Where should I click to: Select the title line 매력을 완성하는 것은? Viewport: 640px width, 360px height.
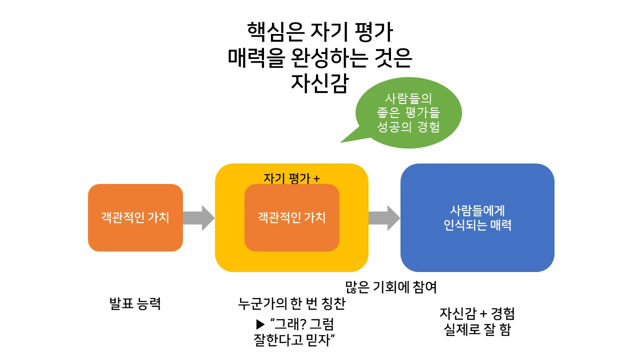tap(319, 58)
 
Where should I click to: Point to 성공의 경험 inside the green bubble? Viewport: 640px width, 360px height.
tap(408, 127)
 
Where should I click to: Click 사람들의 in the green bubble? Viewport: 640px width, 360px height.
tap(408, 98)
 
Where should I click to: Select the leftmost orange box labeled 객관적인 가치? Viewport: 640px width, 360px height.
tap(135, 218)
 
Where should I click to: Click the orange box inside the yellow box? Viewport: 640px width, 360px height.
tap(291, 218)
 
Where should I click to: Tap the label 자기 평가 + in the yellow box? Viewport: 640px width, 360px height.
tap(291, 178)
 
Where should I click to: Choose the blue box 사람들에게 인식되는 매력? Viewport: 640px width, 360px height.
tap(477, 218)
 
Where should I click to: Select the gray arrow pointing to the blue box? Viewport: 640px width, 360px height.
tap(384, 218)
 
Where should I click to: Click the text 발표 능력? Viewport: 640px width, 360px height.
tap(135, 303)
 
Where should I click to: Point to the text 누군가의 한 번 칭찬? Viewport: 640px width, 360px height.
tap(291, 303)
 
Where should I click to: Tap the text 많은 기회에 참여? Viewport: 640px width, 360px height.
tap(391, 287)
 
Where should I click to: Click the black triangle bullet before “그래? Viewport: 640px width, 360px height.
tap(259, 323)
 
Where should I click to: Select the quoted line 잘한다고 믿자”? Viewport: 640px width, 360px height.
tap(294, 340)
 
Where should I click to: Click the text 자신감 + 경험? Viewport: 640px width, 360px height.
tap(477, 314)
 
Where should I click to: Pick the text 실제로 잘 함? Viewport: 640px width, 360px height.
tap(477, 330)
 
